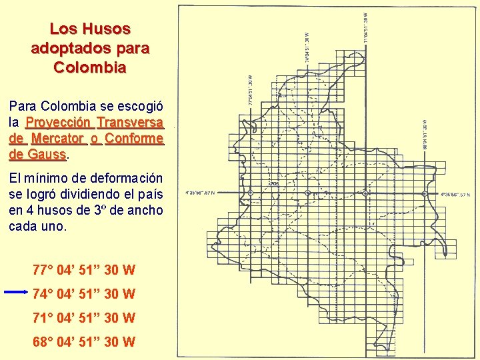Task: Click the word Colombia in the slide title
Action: click(x=90, y=67)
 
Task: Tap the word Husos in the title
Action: click(x=107, y=29)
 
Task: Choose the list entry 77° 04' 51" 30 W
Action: click(x=84, y=270)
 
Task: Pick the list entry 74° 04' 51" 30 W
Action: click(x=84, y=294)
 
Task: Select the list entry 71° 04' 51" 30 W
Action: click(x=84, y=318)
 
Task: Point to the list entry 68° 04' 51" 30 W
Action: click(x=84, y=342)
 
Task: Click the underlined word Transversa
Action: click(x=130, y=123)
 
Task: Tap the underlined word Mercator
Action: click(x=58, y=139)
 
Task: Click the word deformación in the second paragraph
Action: click(x=125, y=179)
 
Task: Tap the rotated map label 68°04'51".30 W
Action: click(x=425, y=137)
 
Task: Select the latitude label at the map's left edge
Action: click(x=209, y=192)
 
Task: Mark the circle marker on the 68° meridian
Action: click(x=425, y=193)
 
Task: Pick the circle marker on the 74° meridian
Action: click(x=307, y=193)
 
